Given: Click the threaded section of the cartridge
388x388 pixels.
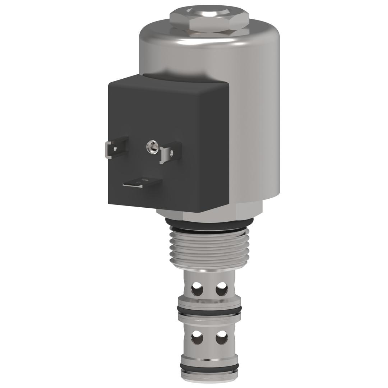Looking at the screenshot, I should click(209, 248).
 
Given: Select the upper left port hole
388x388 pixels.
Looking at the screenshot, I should click(197, 288).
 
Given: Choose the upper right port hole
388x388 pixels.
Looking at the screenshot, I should click(221, 288).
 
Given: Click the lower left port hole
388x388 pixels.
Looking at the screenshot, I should click(197, 338).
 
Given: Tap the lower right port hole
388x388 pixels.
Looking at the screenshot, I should click(221, 338).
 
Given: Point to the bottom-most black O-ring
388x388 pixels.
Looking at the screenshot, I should click(209, 367).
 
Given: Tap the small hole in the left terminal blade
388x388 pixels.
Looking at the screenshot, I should click(115, 148).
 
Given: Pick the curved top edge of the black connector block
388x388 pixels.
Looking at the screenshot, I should click(169, 80).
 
